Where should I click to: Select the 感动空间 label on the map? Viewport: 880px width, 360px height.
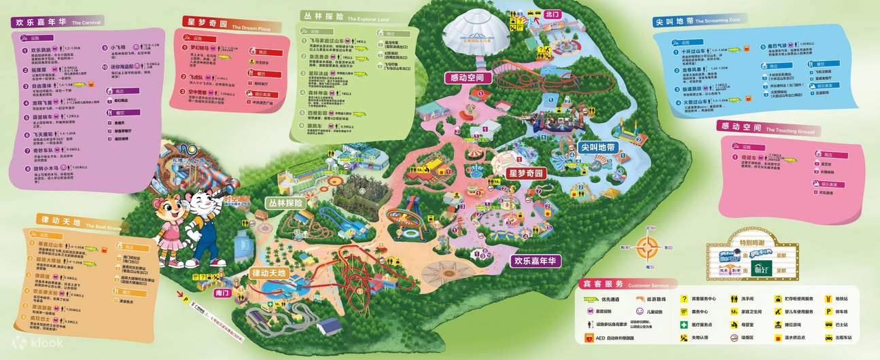(467, 77)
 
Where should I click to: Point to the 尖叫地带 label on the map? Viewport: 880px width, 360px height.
(598, 147)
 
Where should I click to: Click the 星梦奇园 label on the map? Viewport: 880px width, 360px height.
(527, 173)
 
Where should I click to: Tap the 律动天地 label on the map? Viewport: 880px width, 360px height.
(268, 273)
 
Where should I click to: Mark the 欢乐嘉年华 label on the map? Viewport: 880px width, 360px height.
(537, 259)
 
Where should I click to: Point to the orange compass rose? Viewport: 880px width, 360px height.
(648, 245)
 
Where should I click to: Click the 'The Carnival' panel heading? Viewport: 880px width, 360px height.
(86, 22)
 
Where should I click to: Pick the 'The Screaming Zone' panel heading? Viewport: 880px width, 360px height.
(733, 22)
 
